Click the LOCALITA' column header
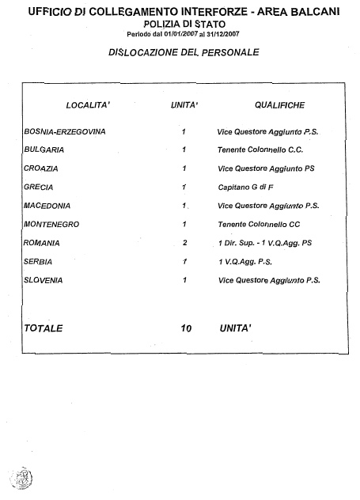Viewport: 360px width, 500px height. (x=88, y=105)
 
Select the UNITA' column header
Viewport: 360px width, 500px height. (x=184, y=105)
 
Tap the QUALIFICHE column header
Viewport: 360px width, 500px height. (x=279, y=105)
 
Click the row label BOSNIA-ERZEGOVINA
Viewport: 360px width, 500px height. (x=65, y=131)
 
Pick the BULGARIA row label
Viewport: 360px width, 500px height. (x=44, y=150)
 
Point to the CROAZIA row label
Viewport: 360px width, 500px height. (x=41, y=169)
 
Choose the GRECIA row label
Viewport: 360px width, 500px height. (x=38, y=187)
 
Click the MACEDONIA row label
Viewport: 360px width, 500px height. (x=47, y=206)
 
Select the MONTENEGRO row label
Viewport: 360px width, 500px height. (x=51, y=224)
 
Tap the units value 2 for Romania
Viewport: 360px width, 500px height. (x=185, y=243)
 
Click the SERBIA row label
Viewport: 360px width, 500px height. (x=38, y=262)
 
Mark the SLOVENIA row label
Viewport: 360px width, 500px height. (x=43, y=280)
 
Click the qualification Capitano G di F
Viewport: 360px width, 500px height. (x=245, y=187)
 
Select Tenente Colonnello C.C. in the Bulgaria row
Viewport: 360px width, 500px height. (x=260, y=150)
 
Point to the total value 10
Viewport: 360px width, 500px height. (x=186, y=328)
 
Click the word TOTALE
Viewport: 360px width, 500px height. (x=44, y=328)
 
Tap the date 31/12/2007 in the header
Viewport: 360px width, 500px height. (x=223, y=35)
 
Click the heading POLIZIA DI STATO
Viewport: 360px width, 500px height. (x=184, y=25)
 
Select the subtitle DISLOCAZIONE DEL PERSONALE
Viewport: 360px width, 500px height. (x=184, y=52)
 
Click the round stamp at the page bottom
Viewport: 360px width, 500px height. (x=21, y=478)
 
